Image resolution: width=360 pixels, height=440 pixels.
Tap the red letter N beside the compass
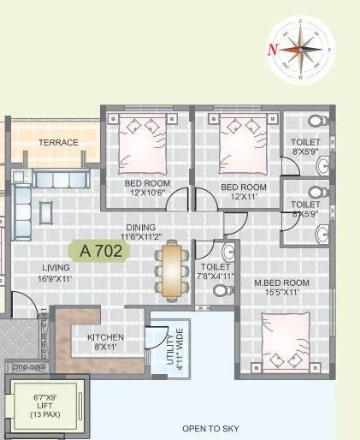pyautogui.click(x=273, y=49)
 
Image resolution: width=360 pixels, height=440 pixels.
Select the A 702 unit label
pyautogui.click(x=104, y=251)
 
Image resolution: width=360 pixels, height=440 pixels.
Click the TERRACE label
pyautogui.click(x=57, y=142)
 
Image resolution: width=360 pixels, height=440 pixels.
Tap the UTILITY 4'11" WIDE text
pyautogui.click(x=167, y=351)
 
